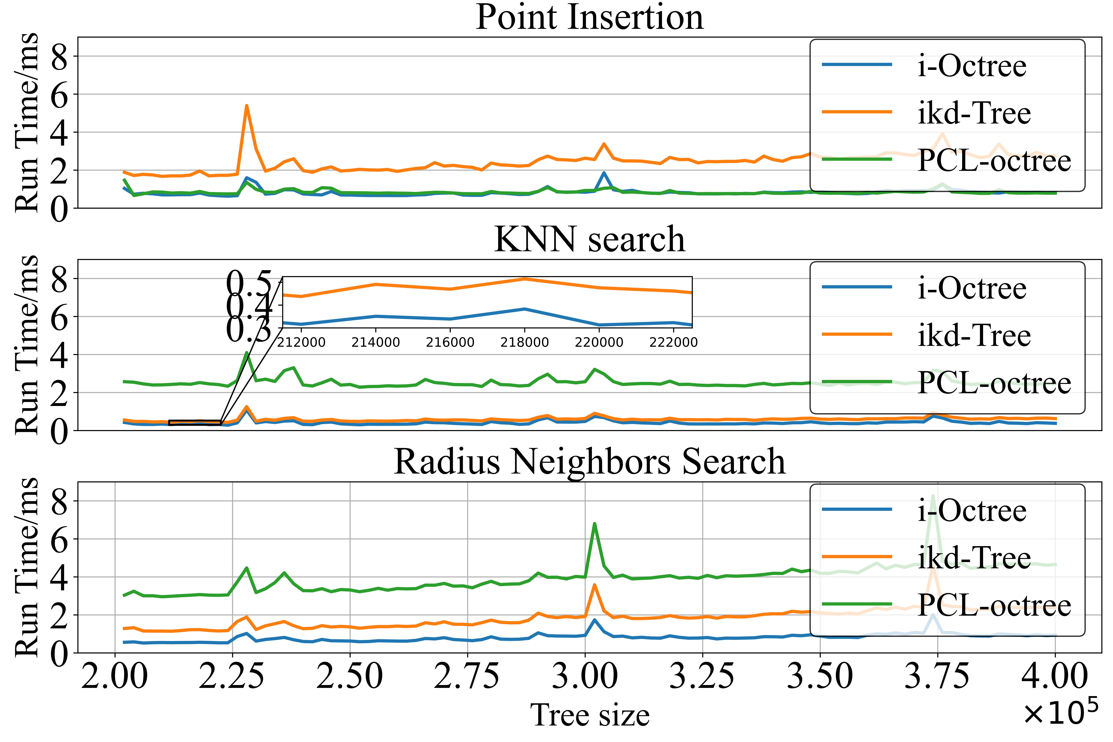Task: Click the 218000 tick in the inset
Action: click(x=524, y=342)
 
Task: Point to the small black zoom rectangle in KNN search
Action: click(x=195, y=423)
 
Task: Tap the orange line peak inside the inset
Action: click(x=524, y=279)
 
